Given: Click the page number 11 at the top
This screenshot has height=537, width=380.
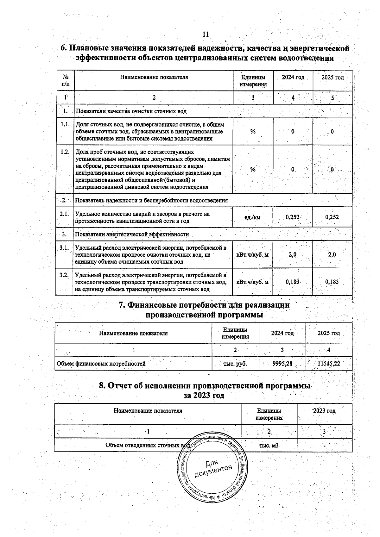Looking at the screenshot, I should (206, 34).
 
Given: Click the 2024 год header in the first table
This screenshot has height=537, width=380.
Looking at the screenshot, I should (293, 78).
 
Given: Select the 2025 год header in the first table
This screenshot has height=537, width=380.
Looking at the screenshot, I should (332, 78).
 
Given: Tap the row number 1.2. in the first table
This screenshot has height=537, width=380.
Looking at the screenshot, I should (65, 152).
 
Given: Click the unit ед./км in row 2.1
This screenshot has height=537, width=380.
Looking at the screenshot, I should (253, 217).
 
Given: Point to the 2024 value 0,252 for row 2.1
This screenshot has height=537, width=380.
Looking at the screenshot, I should (292, 217).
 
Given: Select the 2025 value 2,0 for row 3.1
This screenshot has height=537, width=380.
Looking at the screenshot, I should (332, 254).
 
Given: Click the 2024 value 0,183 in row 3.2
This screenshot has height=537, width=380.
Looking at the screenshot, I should (292, 282).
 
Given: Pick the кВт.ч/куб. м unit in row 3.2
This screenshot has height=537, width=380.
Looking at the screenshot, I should (253, 282).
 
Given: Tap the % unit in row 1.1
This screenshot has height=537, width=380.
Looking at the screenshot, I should (253, 132).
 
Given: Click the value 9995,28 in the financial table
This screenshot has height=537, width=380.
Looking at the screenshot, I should (282, 364).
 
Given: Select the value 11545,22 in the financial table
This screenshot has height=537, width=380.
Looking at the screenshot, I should (329, 364).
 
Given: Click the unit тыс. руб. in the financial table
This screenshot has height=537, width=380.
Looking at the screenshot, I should (235, 364).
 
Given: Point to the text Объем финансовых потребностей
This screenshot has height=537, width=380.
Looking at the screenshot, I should (101, 364).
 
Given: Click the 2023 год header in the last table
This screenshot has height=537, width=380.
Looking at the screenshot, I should (324, 411).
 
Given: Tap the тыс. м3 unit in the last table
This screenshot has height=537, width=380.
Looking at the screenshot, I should (269, 445).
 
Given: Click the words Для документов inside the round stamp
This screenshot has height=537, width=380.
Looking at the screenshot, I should (214, 469).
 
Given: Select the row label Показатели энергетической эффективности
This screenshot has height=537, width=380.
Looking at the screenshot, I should (132, 234).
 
